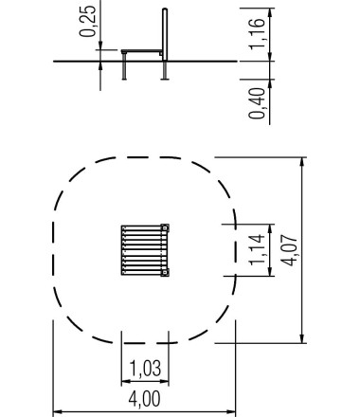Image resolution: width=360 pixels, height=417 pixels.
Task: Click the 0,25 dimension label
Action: [x=88, y=21]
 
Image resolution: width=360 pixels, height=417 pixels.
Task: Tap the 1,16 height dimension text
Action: [x=258, y=33]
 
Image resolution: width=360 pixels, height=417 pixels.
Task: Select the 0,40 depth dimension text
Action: [x=258, y=103]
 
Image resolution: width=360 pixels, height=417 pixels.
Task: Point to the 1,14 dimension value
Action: [x=257, y=249]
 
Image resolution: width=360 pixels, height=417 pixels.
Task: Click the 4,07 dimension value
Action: [x=289, y=250]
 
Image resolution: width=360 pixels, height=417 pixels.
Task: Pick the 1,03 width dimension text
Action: [x=145, y=368]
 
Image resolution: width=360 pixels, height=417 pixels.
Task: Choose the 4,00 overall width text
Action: [x=144, y=399]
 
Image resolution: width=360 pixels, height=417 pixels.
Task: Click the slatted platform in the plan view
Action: [x=145, y=250]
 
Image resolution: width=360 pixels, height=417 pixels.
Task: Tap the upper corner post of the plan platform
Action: [x=165, y=227]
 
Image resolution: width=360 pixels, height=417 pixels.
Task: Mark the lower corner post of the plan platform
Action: [x=165, y=272]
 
